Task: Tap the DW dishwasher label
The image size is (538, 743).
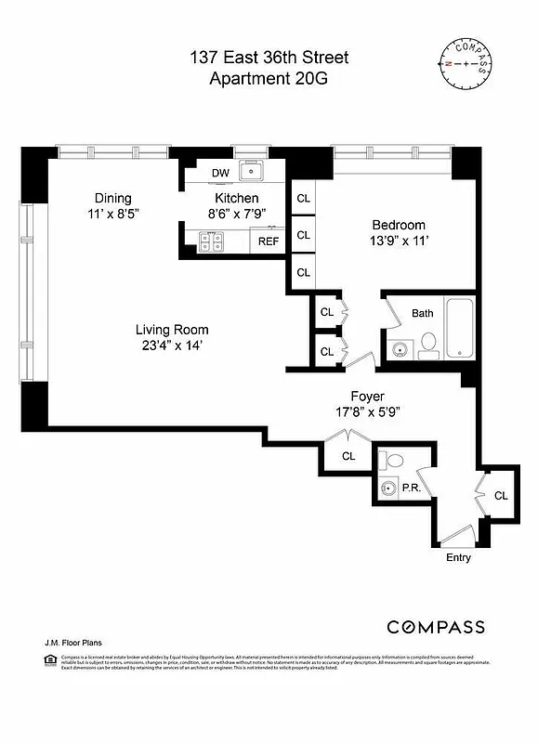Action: [x=220, y=173]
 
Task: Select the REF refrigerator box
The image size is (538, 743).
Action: [x=269, y=241]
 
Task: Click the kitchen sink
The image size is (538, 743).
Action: [x=251, y=172]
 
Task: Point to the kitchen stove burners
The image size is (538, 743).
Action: [x=211, y=241]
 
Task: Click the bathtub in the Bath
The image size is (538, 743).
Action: [x=460, y=327]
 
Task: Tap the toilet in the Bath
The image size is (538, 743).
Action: [x=428, y=345]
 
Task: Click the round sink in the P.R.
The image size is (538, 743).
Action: [x=388, y=488]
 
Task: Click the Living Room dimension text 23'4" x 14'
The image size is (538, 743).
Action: [x=172, y=345]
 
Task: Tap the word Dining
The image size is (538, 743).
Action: [x=112, y=198]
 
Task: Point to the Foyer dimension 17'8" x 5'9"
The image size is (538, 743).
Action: [x=370, y=412]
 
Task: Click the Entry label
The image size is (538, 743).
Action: [x=458, y=557]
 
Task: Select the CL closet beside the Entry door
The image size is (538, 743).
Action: [x=501, y=496]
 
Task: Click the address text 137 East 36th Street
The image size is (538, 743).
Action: [x=269, y=59]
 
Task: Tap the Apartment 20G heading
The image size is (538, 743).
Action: [x=269, y=79]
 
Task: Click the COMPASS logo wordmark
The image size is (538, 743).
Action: [x=436, y=626]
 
